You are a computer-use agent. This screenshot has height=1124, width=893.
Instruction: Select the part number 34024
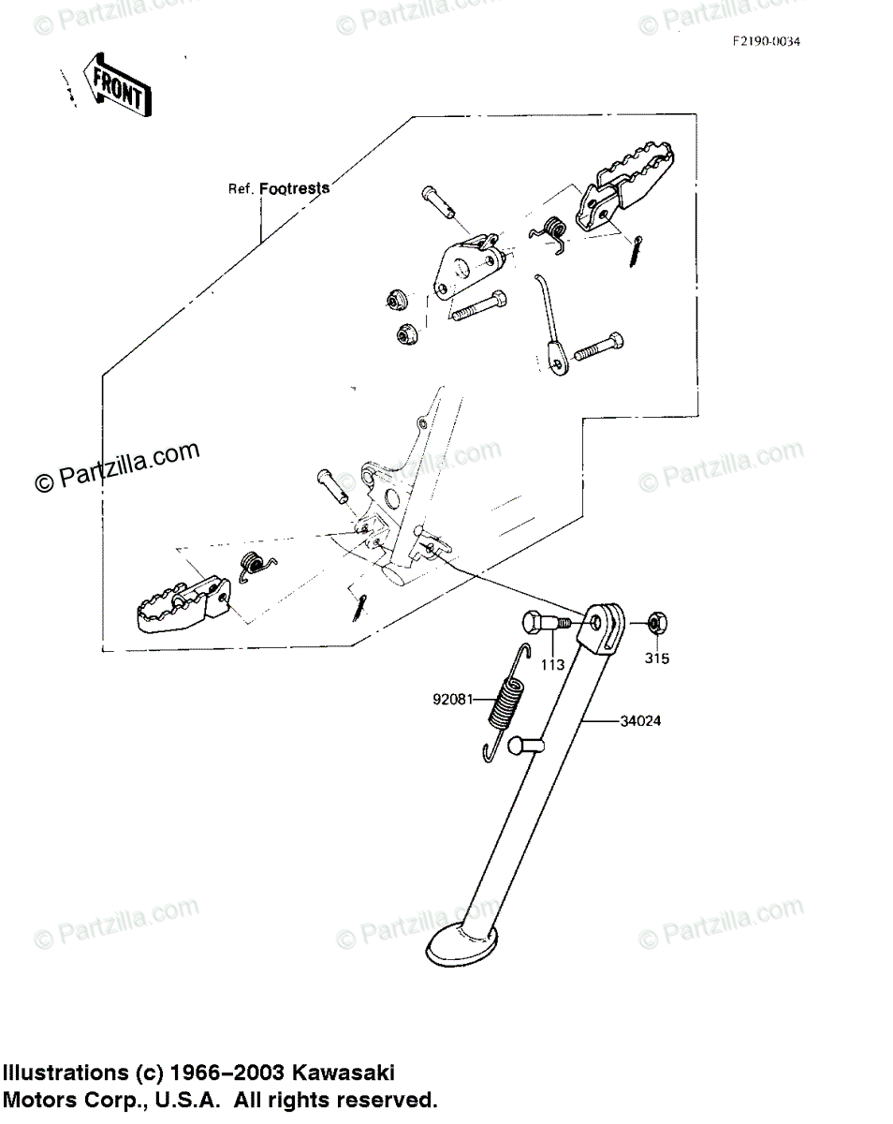click(x=643, y=721)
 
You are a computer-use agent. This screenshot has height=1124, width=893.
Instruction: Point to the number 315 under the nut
click(x=657, y=658)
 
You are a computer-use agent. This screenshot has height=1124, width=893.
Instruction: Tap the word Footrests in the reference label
click(x=294, y=188)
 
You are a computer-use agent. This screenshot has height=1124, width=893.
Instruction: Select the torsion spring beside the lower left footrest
click(x=253, y=565)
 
